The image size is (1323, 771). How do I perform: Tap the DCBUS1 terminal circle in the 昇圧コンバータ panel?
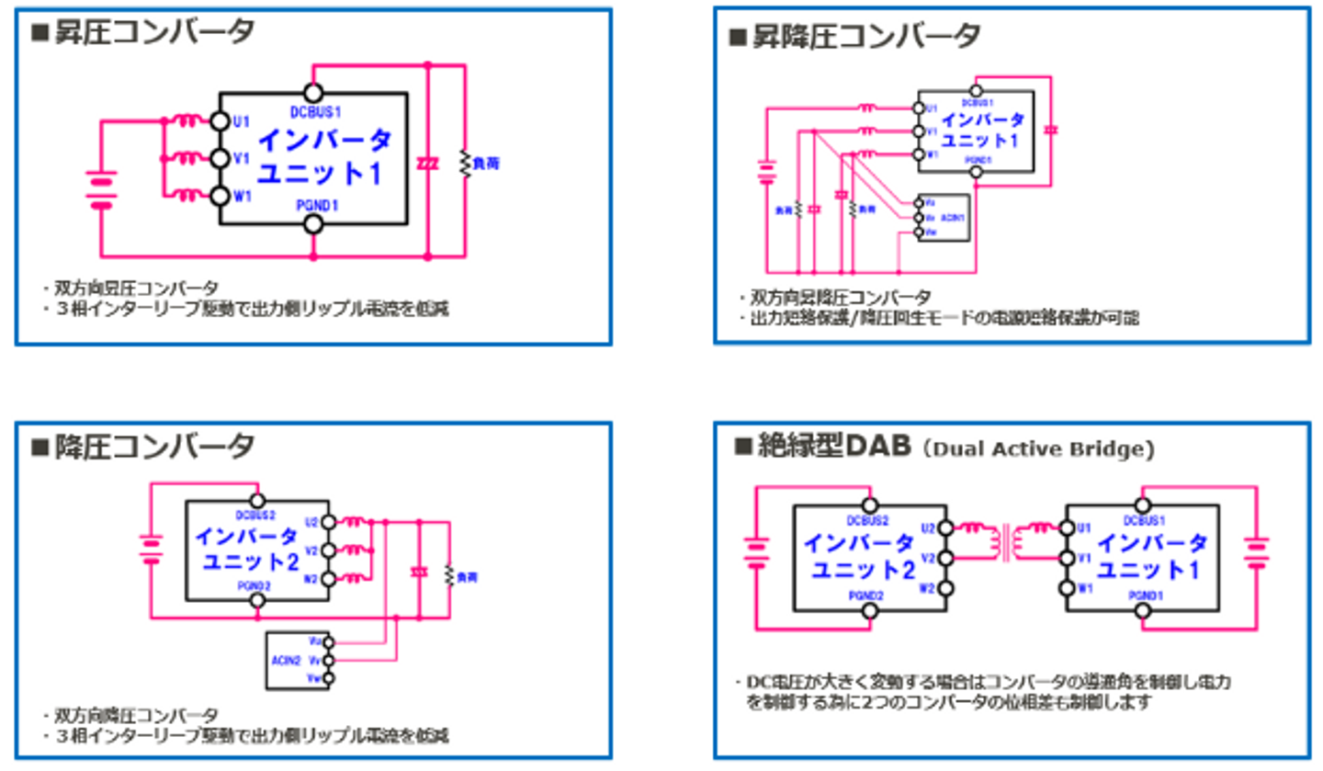click(x=313, y=92)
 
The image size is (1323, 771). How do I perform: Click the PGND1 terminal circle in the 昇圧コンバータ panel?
click(x=313, y=223)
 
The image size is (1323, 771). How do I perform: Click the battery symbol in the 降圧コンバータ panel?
click(x=151, y=549)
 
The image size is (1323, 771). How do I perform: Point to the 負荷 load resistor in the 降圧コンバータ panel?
click(x=450, y=576)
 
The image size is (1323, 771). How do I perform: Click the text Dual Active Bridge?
click(x=1038, y=449)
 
